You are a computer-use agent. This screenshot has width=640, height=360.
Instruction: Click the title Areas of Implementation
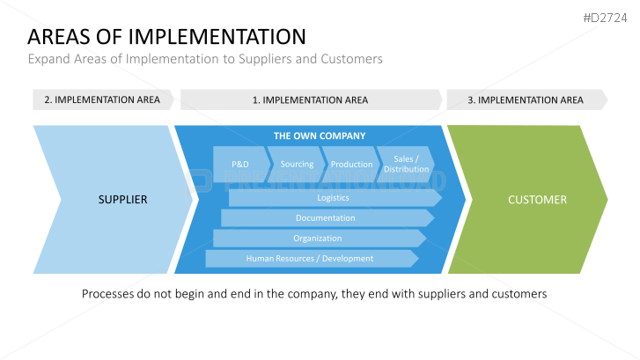[167, 37]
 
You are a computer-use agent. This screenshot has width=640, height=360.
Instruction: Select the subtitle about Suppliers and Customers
[205, 59]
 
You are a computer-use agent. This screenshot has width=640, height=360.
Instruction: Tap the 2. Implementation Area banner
[102, 99]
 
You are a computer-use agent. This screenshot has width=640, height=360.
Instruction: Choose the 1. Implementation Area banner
[310, 99]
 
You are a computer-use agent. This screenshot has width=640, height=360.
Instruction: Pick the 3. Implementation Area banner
[525, 99]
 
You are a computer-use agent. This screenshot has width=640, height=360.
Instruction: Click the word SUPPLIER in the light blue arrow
[122, 200]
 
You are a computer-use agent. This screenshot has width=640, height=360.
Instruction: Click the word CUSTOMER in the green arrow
[537, 200]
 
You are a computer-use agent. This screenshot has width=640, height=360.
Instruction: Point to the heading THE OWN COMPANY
[319, 136]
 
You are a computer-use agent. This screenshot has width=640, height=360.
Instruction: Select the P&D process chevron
[240, 165]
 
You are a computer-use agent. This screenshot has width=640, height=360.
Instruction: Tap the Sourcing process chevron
[297, 165]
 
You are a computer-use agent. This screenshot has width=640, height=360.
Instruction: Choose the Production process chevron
[351, 165]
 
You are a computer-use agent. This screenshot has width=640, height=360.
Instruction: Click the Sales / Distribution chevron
[406, 165]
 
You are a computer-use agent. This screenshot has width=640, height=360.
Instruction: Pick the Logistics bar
[333, 198]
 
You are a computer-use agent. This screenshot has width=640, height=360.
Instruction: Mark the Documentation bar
[325, 218]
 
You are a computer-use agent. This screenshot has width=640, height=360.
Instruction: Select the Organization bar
[318, 239]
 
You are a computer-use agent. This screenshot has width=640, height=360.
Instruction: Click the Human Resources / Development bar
[310, 259]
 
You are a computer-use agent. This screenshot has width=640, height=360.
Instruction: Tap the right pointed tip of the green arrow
[605, 199]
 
